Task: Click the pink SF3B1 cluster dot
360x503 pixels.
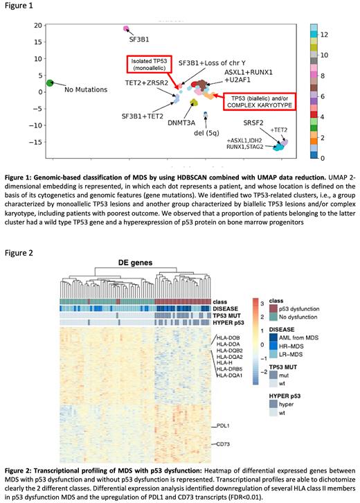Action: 126,28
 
